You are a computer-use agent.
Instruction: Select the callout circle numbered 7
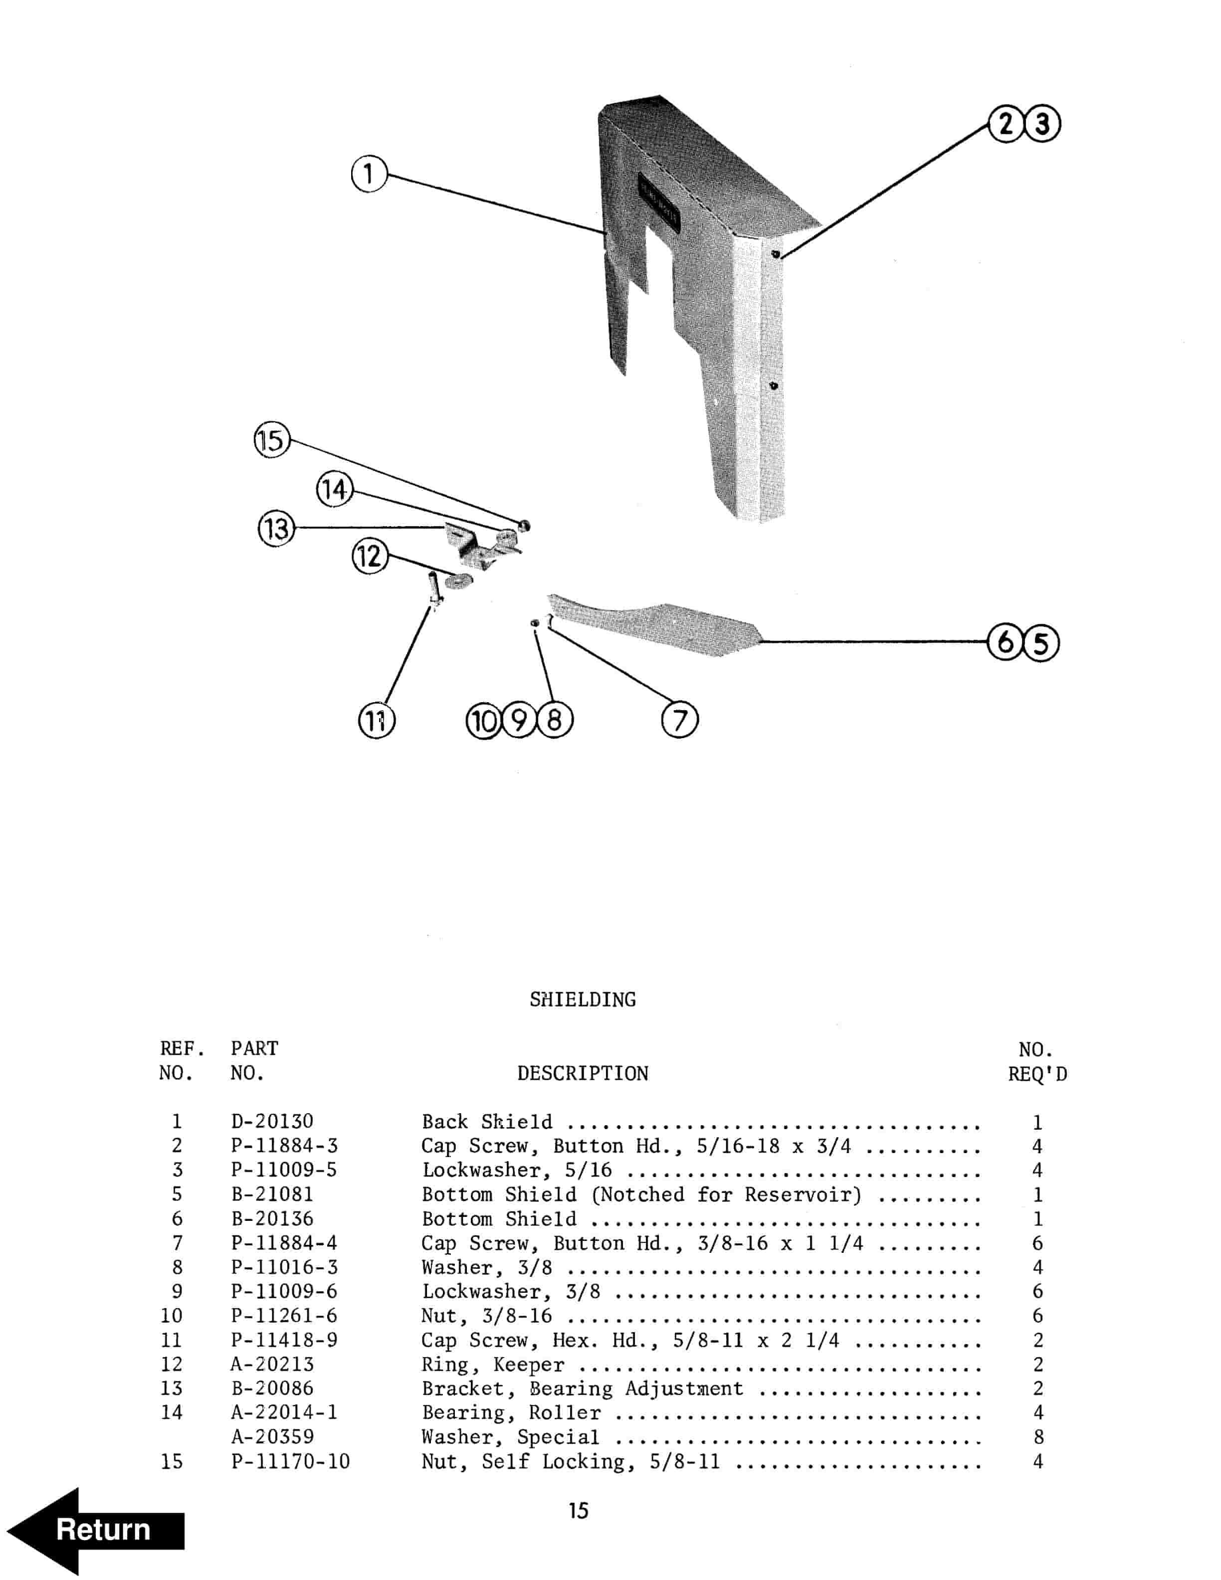point(680,720)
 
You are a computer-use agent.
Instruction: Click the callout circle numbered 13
point(276,528)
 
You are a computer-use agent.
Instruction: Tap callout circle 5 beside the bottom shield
point(1041,642)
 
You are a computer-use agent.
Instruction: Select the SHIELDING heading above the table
point(582,1000)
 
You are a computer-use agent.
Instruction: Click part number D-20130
point(272,1121)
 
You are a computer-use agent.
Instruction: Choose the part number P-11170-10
point(290,1461)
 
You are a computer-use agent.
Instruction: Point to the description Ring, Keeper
point(493,1365)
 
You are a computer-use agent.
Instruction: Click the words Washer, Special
point(510,1437)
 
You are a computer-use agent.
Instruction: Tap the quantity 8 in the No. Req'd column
point(1038,1437)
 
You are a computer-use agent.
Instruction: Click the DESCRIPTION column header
point(582,1074)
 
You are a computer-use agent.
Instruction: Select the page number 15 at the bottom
point(578,1511)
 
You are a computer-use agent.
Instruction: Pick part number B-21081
point(272,1194)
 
